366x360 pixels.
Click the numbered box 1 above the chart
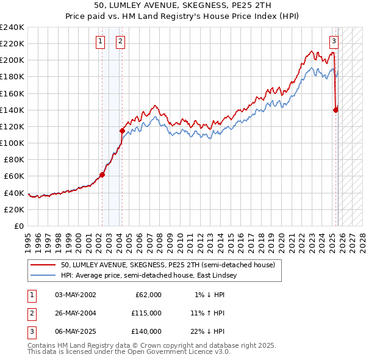(x=100, y=41)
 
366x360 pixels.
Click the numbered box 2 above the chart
(x=120, y=41)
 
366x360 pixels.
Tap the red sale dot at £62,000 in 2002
(x=102, y=175)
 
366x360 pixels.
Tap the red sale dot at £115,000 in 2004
(x=122, y=131)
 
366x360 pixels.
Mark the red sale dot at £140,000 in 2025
(x=336, y=110)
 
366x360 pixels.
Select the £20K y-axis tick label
(x=14, y=209)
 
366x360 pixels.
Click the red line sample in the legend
(x=43, y=265)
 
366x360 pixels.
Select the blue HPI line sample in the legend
(x=43, y=275)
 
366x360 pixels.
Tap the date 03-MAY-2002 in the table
(x=75, y=295)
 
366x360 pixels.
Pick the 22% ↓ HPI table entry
(x=207, y=331)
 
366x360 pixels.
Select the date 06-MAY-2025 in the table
(x=75, y=331)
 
